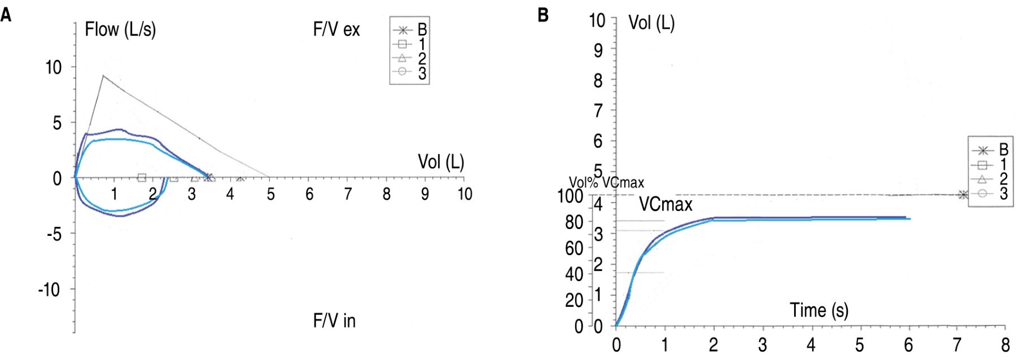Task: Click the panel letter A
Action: [x=6, y=15]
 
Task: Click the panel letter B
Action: [x=543, y=15]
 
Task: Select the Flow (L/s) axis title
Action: [x=120, y=29]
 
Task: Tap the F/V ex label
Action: [x=336, y=29]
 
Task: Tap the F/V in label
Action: [x=334, y=321]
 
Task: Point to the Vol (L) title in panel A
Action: [x=441, y=162]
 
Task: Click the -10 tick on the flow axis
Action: [x=49, y=290]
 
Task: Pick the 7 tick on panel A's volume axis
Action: [x=348, y=194]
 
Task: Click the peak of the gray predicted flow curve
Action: [x=103, y=75]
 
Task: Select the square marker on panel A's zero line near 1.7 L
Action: [x=142, y=178]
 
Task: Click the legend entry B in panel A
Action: [x=422, y=29]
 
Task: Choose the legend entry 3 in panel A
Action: [x=422, y=73]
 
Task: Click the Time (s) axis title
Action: [x=818, y=310]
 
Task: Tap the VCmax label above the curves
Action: [x=665, y=204]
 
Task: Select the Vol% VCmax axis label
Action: [x=606, y=183]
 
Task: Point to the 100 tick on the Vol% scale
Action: [x=570, y=196]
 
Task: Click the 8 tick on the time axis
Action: [x=1005, y=344]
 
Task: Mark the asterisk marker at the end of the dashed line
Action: [x=963, y=195]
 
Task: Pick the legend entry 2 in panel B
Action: [x=1003, y=179]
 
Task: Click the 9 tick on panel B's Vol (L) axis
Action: [x=598, y=50]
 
